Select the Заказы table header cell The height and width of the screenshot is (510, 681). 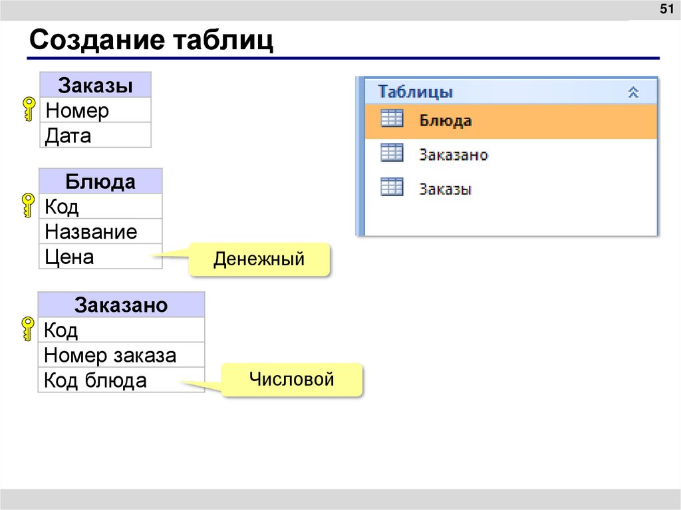tap(95, 86)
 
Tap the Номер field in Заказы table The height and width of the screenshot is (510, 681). tap(95, 110)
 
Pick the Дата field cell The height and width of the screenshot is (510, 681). tap(95, 136)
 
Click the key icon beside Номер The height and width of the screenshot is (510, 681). tap(29, 110)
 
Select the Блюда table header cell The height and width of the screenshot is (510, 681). tap(100, 182)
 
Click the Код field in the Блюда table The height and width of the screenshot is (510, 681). tap(100, 207)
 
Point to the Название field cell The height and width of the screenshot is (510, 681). tap(100, 232)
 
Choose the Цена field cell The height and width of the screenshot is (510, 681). tap(100, 257)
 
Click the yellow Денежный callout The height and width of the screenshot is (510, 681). tap(259, 259)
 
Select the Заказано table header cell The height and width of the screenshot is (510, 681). tap(121, 305)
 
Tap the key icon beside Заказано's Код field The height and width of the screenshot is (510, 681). tap(29, 329)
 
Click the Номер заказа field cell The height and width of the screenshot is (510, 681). tap(121, 355)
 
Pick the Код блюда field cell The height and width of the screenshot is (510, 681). tap(121, 380)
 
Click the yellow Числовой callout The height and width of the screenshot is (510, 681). tap(291, 380)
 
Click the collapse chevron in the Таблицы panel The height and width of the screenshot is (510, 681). tap(633, 92)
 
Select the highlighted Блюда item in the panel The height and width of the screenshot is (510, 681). tap(511, 121)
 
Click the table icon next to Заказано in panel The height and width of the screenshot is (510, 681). tap(392, 154)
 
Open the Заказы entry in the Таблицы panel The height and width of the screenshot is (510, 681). tap(445, 189)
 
